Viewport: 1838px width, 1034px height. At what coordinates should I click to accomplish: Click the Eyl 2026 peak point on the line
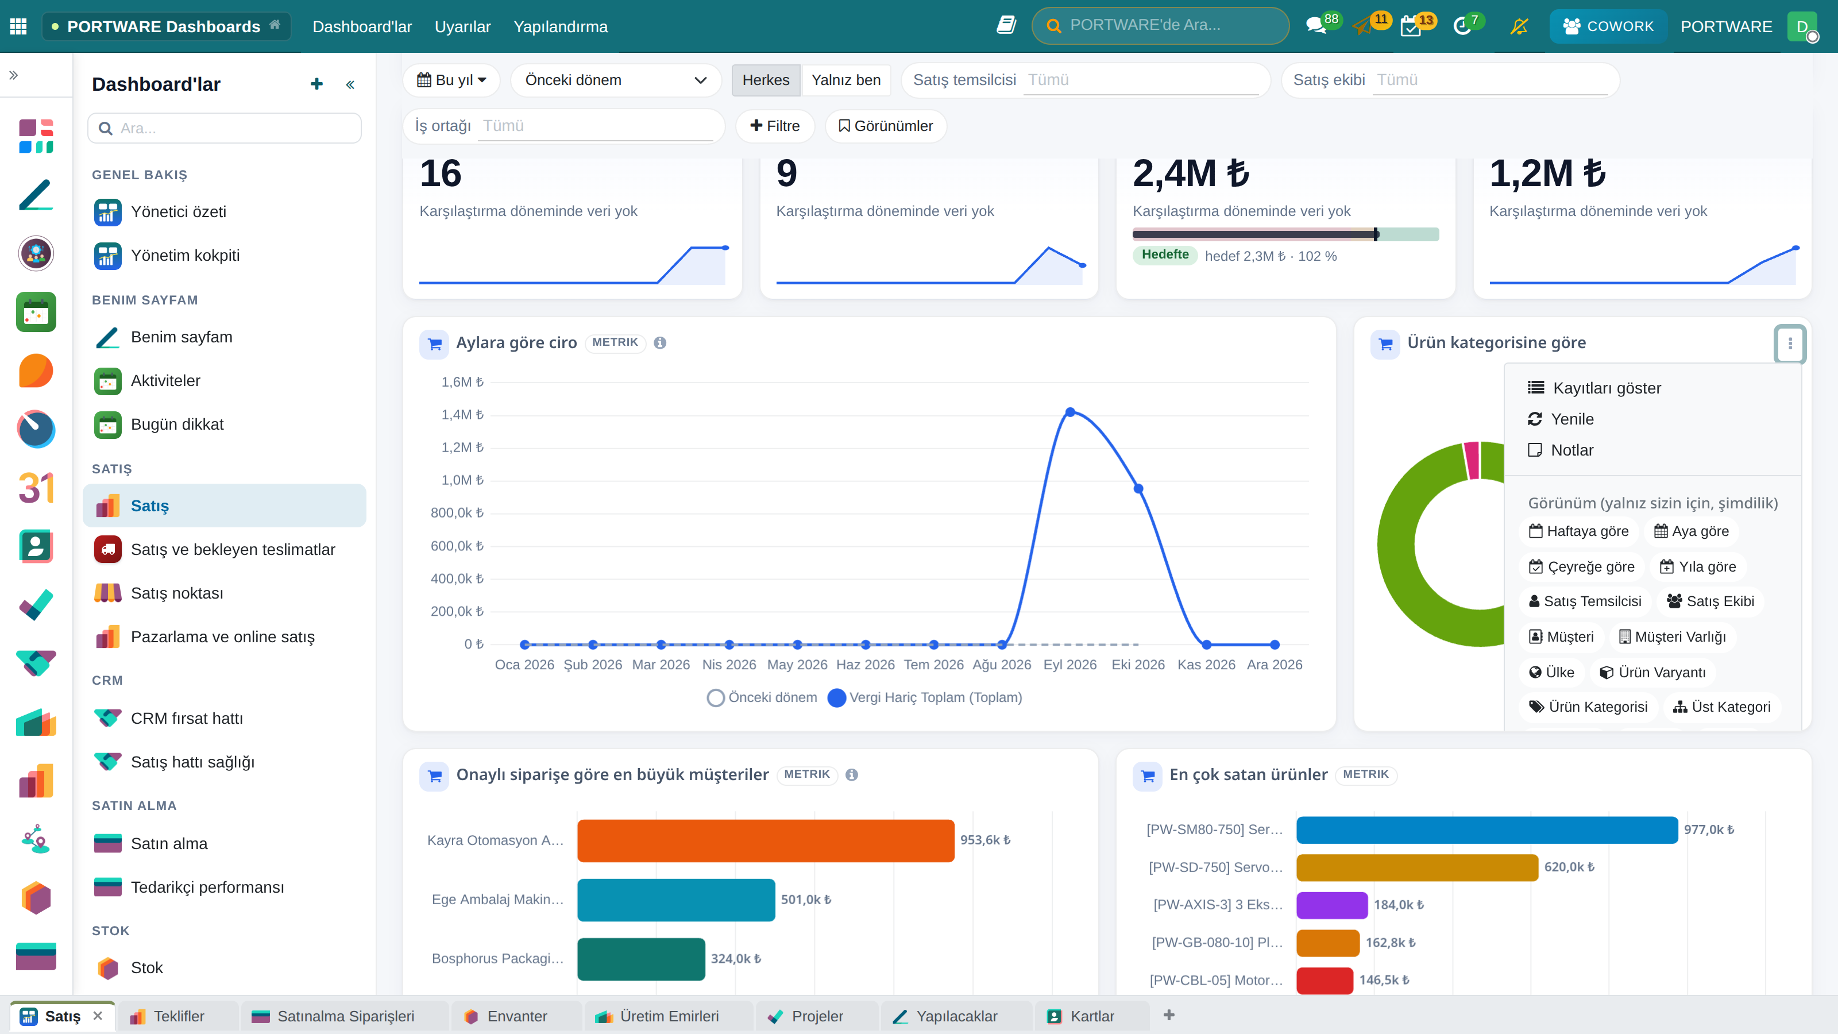(1069, 412)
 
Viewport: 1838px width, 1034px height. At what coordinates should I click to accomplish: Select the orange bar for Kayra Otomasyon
(766, 840)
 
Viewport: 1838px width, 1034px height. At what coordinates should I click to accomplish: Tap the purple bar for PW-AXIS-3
(1331, 904)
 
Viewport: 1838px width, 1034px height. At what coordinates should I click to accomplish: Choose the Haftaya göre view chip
(1578, 531)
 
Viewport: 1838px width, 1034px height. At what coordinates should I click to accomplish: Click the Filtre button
(775, 126)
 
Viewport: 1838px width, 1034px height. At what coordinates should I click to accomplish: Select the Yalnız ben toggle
(845, 80)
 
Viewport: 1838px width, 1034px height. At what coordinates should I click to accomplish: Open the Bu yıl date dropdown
(451, 80)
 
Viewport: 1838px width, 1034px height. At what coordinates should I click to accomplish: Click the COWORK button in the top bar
(1608, 26)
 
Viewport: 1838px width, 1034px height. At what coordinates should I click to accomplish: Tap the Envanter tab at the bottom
(516, 1016)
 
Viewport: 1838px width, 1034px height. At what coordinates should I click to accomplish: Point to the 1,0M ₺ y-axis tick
(462, 480)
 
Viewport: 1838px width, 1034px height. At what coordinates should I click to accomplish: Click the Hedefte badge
(1164, 254)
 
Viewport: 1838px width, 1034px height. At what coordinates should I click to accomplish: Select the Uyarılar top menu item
(462, 26)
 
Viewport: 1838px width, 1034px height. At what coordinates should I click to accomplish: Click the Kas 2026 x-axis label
(1206, 665)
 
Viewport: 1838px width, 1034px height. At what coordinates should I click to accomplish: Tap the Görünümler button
(886, 126)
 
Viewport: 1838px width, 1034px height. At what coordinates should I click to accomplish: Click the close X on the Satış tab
(98, 1016)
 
